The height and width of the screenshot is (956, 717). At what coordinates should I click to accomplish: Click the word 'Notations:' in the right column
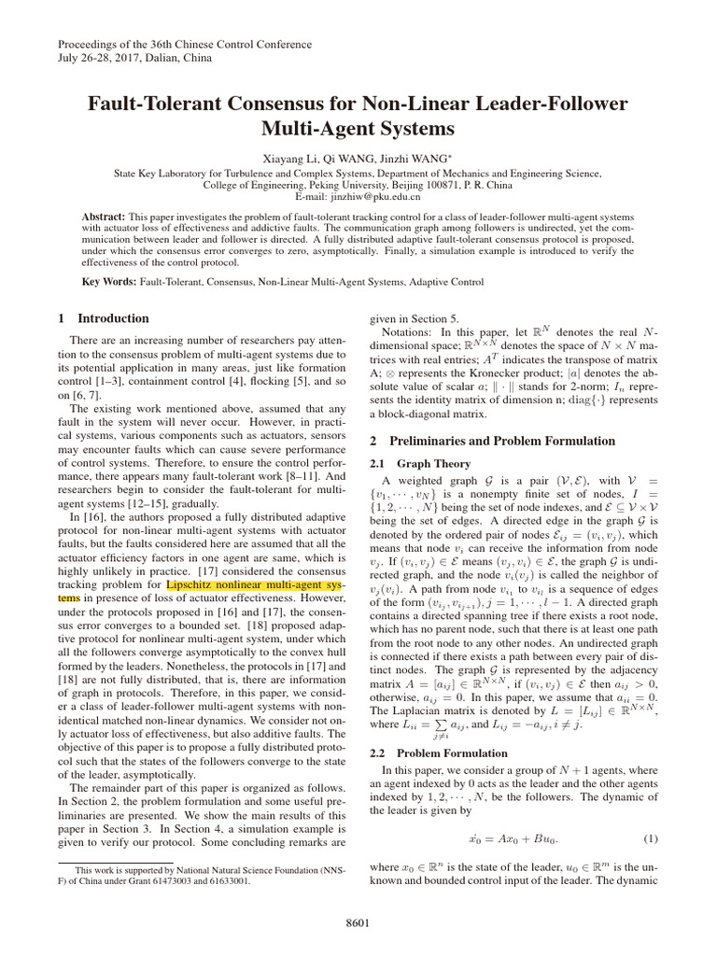[412, 331]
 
